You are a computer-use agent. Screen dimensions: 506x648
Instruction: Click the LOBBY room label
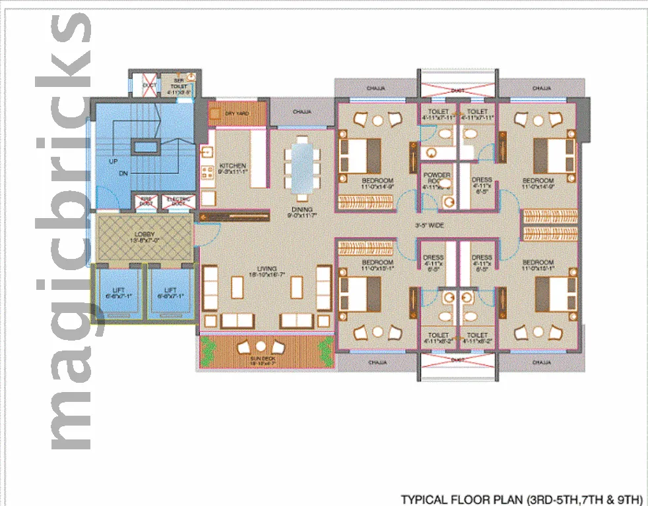tap(144, 234)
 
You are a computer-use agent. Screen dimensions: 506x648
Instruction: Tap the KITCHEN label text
tap(233, 165)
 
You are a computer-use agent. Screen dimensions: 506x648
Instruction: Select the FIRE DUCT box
tap(145, 202)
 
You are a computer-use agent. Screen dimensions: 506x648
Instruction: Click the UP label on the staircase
tap(114, 161)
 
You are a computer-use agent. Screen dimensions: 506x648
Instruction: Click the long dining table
tap(302, 169)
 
